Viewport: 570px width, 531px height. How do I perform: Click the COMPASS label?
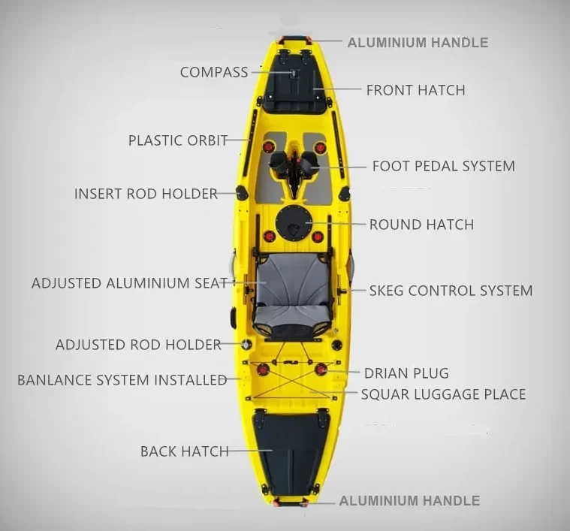(214, 73)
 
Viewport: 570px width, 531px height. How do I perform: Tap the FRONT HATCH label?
(415, 90)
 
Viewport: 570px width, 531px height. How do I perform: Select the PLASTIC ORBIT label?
(177, 140)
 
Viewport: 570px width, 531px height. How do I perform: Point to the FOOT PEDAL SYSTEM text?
(443, 166)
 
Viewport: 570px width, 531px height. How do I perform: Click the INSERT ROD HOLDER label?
(146, 194)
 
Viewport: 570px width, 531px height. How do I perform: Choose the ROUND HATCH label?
(421, 225)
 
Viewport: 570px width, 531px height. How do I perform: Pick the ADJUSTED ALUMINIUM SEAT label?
(129, 284)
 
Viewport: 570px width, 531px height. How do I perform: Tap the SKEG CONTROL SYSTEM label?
(451, 291)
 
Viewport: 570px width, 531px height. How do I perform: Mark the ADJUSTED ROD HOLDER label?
(138, 345)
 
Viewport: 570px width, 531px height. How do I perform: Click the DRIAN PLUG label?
(406, 373)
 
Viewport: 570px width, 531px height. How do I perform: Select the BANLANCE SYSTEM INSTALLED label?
(122, 380)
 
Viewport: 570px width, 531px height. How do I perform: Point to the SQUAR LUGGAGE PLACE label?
(443, 394)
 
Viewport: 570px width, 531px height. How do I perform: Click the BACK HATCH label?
(184, 451)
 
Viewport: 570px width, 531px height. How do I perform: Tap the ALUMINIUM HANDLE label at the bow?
(418, 43)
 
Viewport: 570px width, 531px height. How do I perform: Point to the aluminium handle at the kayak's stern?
(291, 501)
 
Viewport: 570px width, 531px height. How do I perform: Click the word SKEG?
(388, 291)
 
